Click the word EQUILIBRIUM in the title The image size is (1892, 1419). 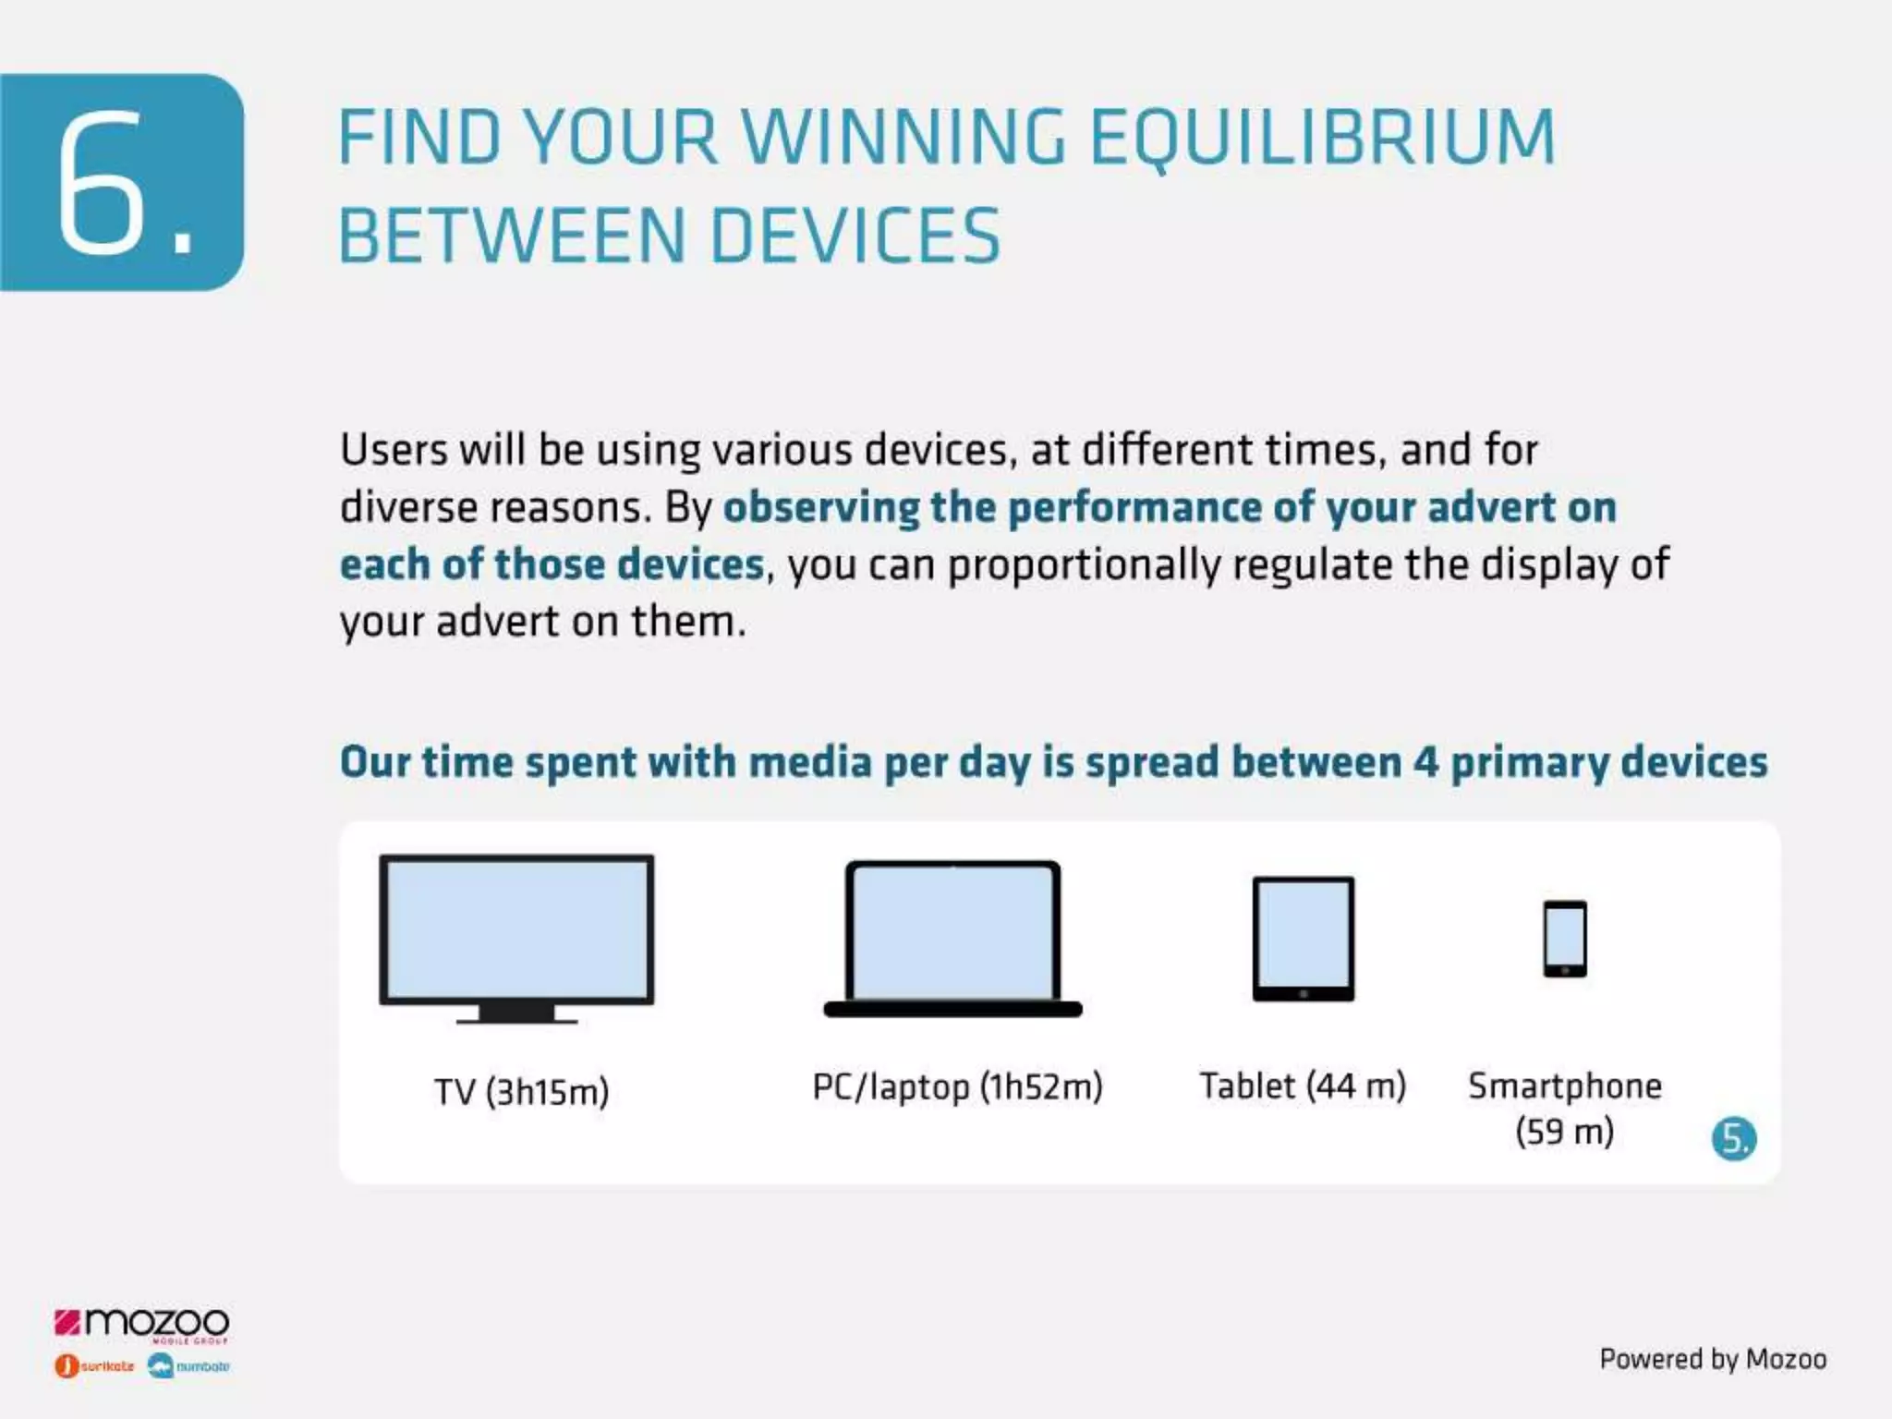(x=1323, y=137)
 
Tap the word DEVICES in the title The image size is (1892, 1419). (x=855, y=236)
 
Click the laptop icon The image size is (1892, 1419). (x=952, y=938)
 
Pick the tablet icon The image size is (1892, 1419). (x=1303, y=938)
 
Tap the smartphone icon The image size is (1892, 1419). (x=1565, y=938)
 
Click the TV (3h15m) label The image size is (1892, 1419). (x=522, y=1092)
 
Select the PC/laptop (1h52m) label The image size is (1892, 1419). (x=957, y=1086)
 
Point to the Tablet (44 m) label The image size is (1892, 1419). (x=1303, y=1085)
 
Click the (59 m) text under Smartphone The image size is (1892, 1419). (x=1564, y=1131)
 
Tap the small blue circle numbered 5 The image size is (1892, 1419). (x=1733, y=1138)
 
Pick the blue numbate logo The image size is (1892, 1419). (x=189, y=1365)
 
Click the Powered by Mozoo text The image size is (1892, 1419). (x=1713, y=1359)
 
